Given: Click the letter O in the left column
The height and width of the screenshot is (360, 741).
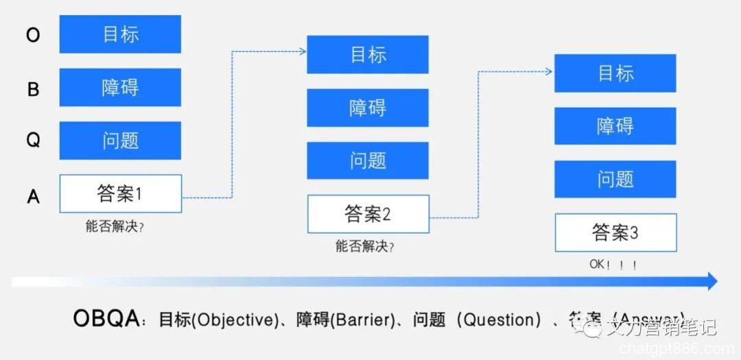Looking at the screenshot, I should (x=33, y=35).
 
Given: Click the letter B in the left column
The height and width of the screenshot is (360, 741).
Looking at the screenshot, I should (x=33, y=88).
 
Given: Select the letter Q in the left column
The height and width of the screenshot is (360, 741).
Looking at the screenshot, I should (x=33, y=141).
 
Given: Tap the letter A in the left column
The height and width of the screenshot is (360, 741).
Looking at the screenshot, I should (x=33, y=197).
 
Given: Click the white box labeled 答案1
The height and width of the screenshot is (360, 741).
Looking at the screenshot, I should (x=120, y=193).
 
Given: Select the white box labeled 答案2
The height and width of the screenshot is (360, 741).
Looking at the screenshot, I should (x=368, y=213).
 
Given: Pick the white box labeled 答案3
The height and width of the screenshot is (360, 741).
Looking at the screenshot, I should (x=615, y=232).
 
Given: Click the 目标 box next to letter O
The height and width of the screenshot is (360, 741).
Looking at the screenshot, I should (x=120, y=34).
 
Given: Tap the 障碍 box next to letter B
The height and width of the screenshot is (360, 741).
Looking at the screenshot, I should (x=120, y=87).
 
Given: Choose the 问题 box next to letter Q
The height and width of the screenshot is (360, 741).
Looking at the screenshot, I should (x=120, y=141).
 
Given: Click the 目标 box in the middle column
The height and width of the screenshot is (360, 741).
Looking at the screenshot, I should (x=368, y=55).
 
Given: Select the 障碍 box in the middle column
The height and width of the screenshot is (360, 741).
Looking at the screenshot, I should (x=368, y=108).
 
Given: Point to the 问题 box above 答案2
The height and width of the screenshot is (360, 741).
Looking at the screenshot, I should (x=368, y=160).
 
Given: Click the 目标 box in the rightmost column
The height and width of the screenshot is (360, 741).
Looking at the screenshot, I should (x=615, y=73).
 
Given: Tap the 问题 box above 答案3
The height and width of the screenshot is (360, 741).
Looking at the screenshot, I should (x=615, y=179).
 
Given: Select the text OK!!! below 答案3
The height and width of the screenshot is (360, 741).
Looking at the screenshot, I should (x=613, y=265).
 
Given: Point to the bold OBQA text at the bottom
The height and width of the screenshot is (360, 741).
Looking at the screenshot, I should (x=107, y=319).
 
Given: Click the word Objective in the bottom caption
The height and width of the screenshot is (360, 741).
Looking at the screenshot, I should (x=233, y=320).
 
